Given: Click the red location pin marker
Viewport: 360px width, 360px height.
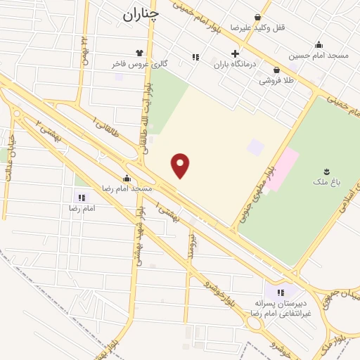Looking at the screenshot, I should coord(181,166).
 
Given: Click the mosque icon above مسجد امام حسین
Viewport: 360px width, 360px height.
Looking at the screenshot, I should coord(319,44).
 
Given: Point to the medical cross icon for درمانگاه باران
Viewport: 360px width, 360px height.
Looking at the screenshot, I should coord(235,53).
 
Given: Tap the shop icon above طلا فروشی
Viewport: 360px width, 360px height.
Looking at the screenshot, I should coord(276,70).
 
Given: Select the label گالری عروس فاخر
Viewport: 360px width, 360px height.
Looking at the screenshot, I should coord(118,63).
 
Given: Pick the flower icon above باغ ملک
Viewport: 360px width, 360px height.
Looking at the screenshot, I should coord(326,172).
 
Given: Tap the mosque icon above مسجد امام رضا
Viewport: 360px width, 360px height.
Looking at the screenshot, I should coord(127,178).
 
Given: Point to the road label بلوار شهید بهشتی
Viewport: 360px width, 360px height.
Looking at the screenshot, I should coord(141,235).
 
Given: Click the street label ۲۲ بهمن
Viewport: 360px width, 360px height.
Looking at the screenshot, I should coord(85,49).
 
